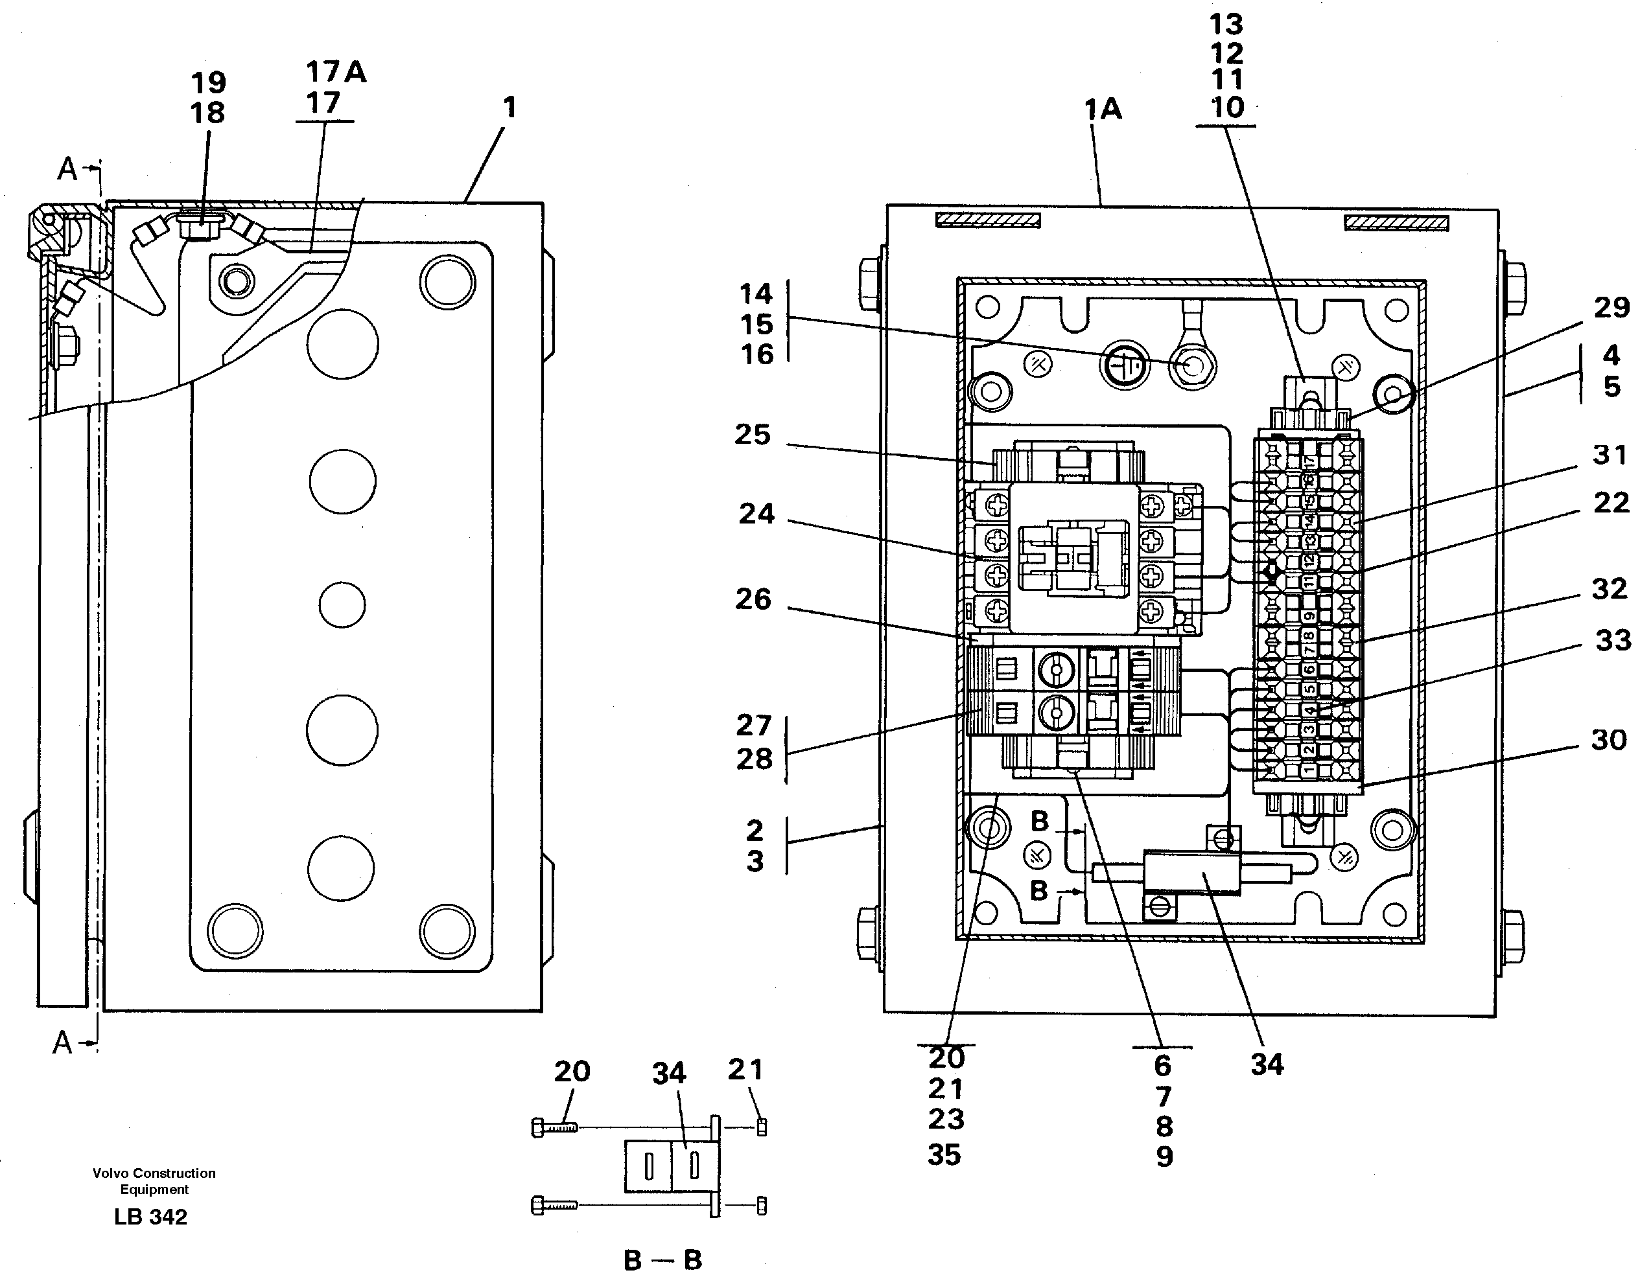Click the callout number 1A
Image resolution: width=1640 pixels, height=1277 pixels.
(1103, 110)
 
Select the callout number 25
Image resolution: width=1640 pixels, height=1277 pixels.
(753, 435)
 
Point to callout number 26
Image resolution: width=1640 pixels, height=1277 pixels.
(753, 599)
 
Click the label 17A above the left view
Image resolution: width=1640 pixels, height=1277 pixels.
(336, 72)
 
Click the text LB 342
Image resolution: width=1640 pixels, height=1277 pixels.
(150, 1217)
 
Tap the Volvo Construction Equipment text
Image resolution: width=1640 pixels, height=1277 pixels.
(154, 1181)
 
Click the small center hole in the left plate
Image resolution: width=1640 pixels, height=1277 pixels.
(342, 604)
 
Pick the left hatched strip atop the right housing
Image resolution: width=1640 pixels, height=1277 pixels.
(987, 220)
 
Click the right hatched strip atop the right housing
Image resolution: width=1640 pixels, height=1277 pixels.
(1396, 222)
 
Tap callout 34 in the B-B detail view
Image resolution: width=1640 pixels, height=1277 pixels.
(668, 1074)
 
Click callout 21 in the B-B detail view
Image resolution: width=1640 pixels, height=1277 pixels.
(745, 1069)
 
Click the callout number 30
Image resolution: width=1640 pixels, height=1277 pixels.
(1608, 741)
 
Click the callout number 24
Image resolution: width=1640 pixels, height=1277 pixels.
(756, 514)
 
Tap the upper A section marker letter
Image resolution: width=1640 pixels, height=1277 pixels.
(67, 170)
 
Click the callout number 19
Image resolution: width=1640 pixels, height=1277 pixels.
(208, 82)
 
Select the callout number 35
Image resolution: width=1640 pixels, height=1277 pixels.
(944, 1155)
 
